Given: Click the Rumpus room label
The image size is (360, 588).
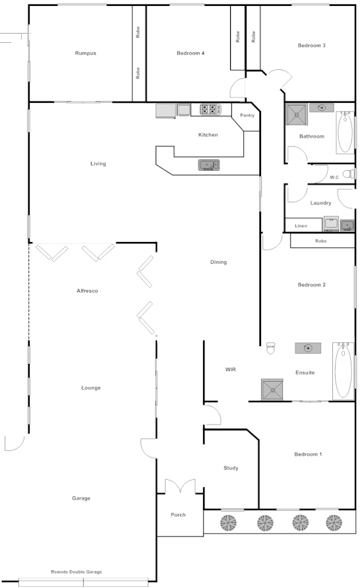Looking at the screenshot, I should (86, 53).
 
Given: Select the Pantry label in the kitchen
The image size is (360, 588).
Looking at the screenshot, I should (247, 115).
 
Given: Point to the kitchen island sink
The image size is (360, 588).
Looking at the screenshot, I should (209, 165).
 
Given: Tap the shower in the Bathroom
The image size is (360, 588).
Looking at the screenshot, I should (296, 115).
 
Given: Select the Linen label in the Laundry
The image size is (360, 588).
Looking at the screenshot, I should (301, 226).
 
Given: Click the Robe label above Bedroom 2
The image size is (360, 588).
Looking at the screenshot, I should (321, 241).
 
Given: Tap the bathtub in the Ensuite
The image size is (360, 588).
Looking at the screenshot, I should (343, 370).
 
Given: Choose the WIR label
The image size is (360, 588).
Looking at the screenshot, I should (231, 370).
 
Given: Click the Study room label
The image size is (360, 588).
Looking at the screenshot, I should (231, 468).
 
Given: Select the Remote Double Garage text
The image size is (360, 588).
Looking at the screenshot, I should (77, 572).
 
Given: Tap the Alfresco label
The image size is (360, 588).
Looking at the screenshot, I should (87, 291).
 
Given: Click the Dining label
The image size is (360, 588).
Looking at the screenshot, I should (218, 262).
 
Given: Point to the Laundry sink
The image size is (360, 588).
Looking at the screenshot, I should (346, 225).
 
